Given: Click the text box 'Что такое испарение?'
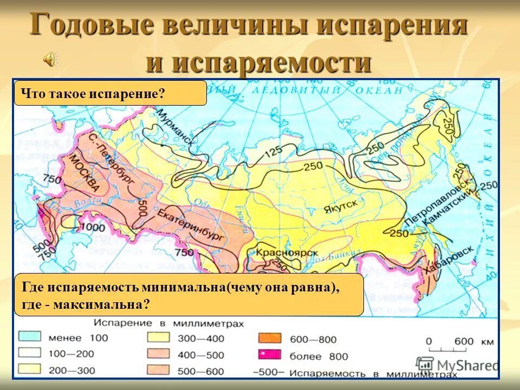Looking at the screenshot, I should [x=109, y=93].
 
